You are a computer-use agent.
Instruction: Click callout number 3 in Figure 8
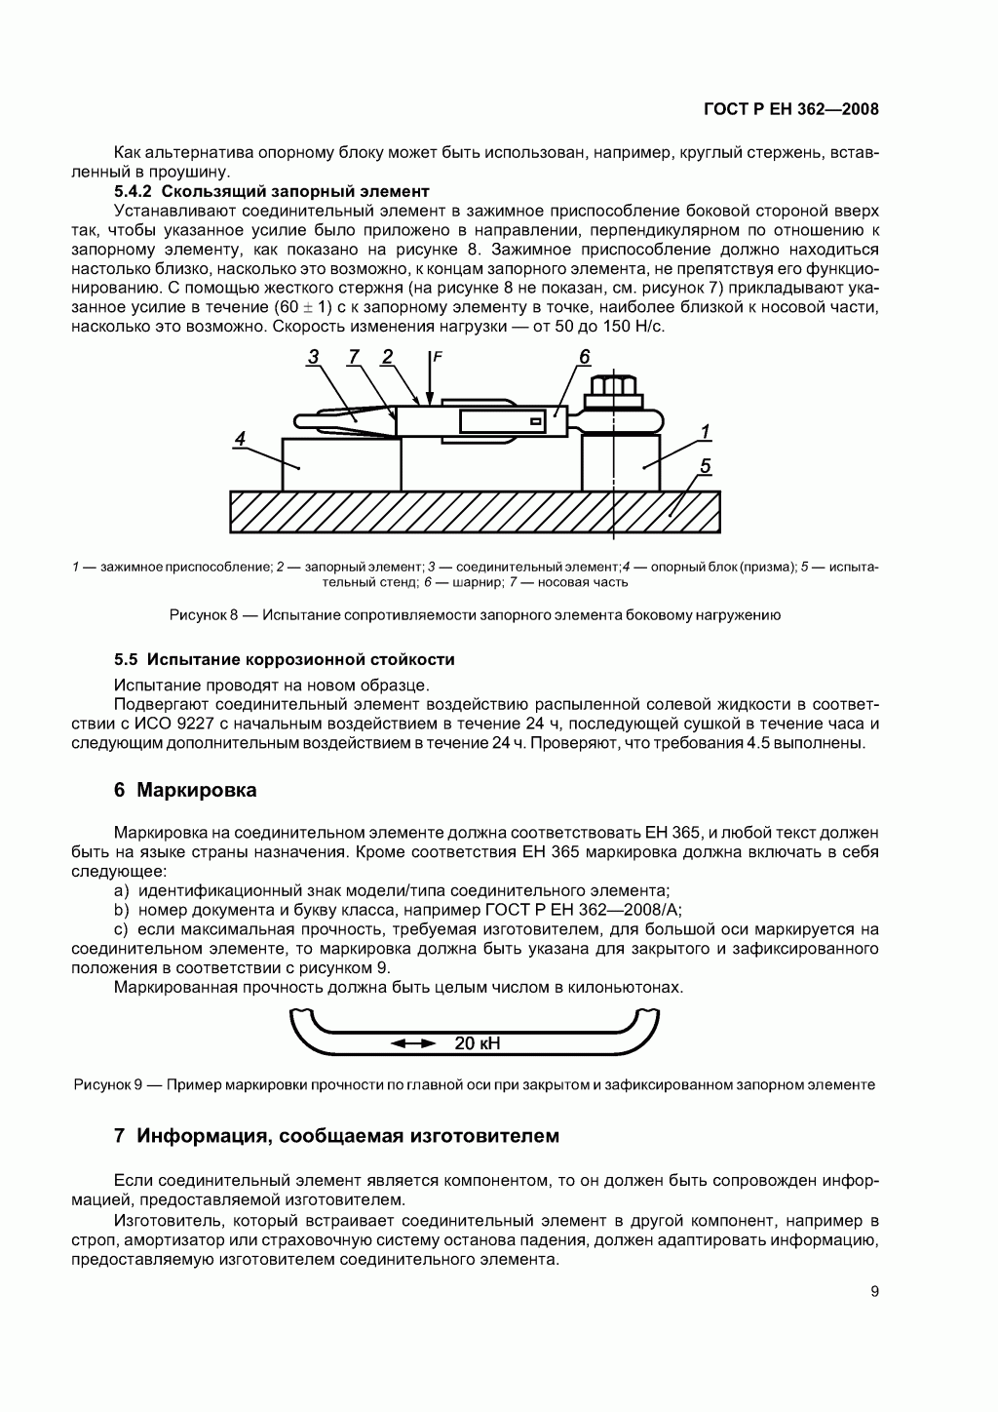(x=313, y=357)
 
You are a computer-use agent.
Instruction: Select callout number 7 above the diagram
(x=354, y=357)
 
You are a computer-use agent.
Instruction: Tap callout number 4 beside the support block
(x=239, y=439)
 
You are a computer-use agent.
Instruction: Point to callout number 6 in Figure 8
(x=584, y=357)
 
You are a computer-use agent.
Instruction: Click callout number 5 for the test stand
(x=705, y=466)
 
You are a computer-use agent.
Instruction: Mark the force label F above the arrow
(x=438, y=358)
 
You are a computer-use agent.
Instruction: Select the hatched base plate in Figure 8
(x=475, y=512)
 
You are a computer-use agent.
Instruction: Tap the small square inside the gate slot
(x=535, y=421)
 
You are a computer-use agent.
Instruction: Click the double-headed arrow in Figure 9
(x=413, y=1043)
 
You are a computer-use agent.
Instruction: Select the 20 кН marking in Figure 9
(x=477, y=1043)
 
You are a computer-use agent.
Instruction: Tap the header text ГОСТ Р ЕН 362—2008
(x=790, y=109)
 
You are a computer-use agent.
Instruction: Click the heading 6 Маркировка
(x=185, y=790)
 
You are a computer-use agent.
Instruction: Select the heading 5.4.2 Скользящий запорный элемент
(x=272, y=191)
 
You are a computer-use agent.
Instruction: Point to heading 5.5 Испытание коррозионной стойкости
(x=285, y=659)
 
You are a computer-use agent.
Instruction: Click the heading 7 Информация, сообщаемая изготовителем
(x=337, y=1136)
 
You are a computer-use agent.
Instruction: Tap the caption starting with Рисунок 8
(x=475, y=615)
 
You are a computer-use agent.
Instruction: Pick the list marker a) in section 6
(x=122, y=891)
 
